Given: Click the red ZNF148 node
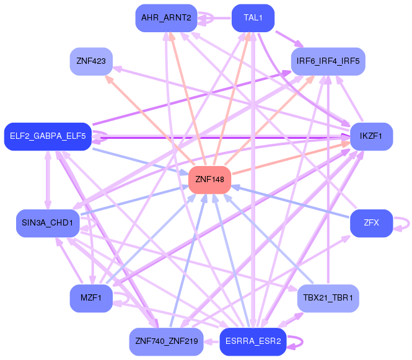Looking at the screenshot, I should pos(209,180).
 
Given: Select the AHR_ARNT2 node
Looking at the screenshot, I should pos(165,18).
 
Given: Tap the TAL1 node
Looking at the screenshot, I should pos(253,18).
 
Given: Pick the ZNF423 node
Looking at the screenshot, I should pos(90,61).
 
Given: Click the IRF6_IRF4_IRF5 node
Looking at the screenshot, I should pos(328,61).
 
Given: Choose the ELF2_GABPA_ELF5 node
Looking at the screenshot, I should pos(47,136).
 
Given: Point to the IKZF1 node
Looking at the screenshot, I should pos(371,136).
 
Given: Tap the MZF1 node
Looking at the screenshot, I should pos(90,298).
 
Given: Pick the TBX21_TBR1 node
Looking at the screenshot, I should pos(328,298).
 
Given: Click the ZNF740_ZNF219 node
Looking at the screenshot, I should pos(165,341).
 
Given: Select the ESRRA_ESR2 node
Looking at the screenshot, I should pos(253,341).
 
